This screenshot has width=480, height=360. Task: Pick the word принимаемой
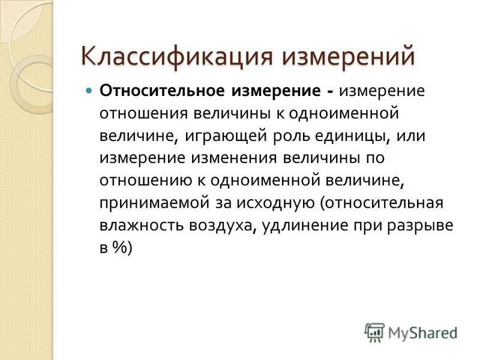coord(154,203)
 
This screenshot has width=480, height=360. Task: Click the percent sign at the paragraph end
coord(120,248)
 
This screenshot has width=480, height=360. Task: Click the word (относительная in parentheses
coord(382,203)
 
